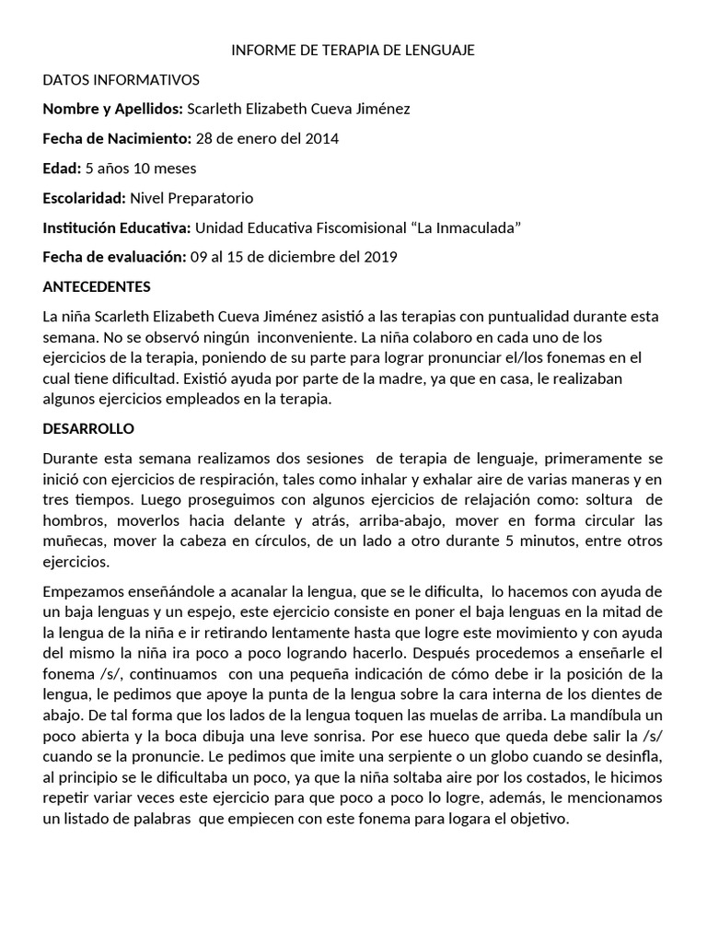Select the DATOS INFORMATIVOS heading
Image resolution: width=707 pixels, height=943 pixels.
121,80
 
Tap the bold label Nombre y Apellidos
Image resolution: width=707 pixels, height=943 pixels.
113,110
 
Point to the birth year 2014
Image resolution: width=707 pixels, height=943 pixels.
321,139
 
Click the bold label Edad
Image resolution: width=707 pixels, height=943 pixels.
62,169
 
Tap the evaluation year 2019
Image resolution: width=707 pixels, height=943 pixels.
379,257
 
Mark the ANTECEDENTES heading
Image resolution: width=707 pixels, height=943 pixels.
97,286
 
